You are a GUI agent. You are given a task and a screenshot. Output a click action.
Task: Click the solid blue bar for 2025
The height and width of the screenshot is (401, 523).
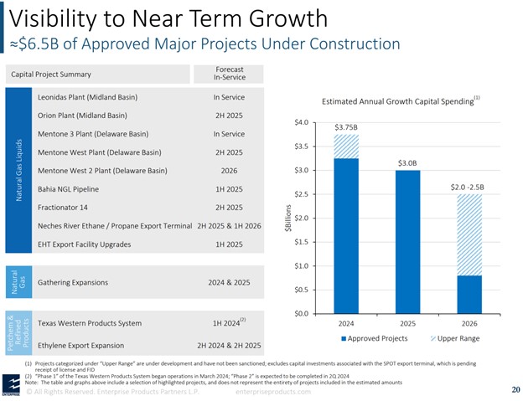pos(407,241)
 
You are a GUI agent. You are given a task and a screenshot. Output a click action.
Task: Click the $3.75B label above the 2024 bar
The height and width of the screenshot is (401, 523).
pos(346,128)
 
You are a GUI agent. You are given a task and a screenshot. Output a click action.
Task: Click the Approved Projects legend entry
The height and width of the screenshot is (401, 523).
pos(374,338)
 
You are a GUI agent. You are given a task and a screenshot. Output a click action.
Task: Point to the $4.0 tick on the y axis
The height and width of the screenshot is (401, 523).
pos(302,122)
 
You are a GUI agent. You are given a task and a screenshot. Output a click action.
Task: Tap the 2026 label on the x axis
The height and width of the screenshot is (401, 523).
pos(469,322)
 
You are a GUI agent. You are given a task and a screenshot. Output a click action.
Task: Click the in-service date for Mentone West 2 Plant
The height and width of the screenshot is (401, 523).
pos(228,170)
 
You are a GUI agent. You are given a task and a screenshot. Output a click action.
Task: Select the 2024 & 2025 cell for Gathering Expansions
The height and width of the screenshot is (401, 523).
pos(228,282)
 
